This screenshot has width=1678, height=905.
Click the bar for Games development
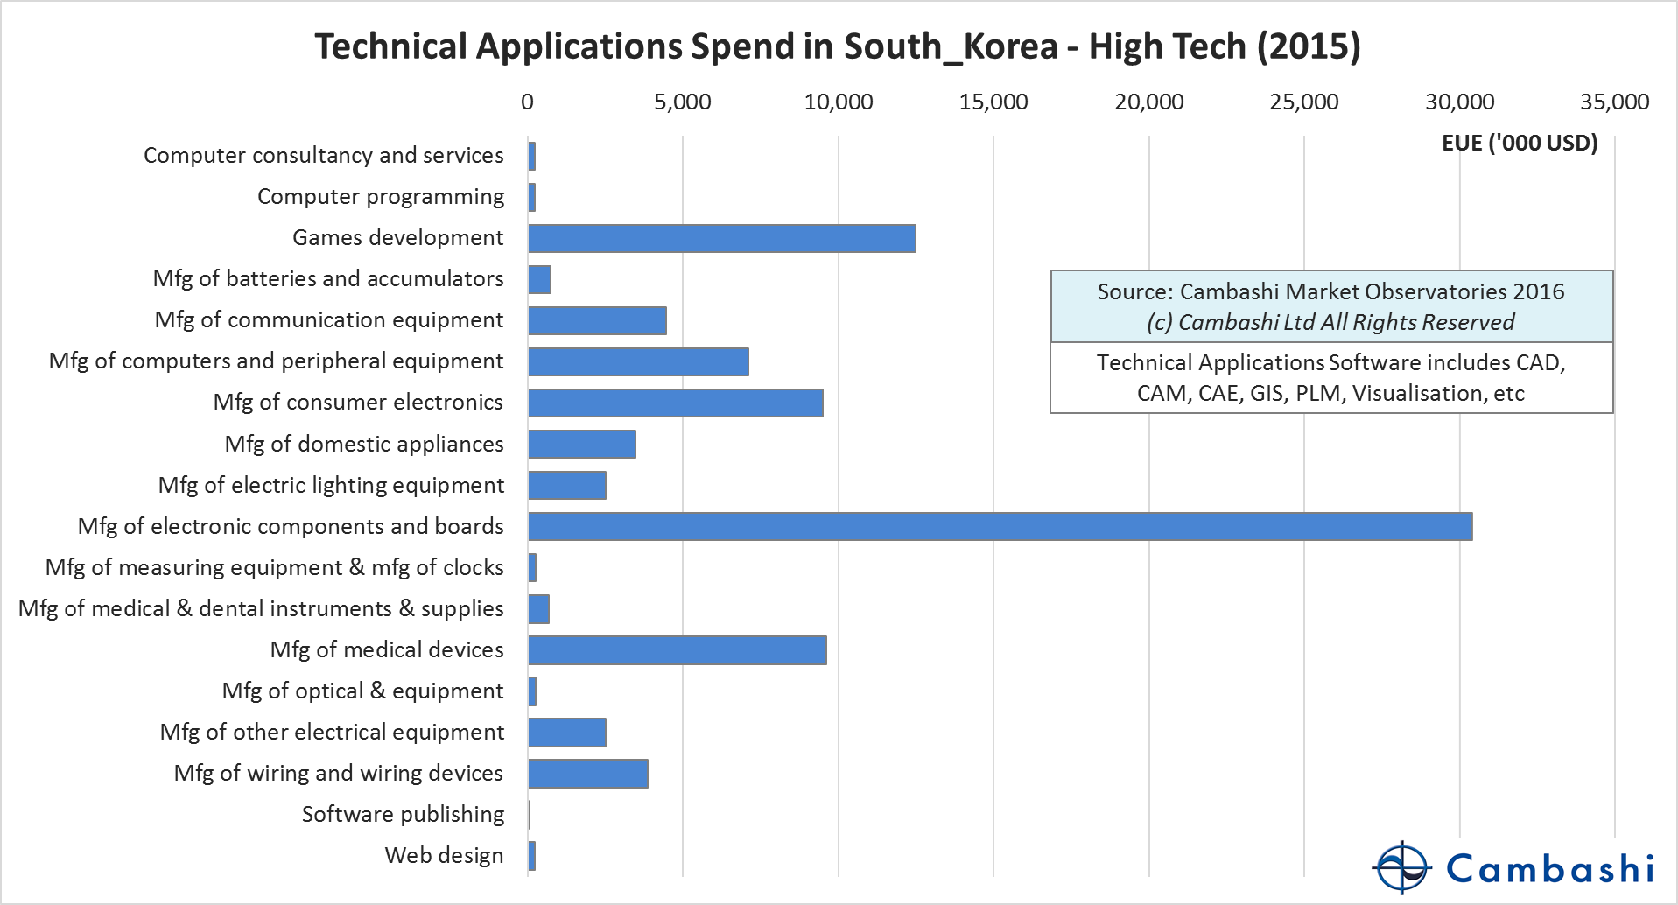tap(721, 238)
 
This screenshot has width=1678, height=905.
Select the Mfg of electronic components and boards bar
tap(1000, 527)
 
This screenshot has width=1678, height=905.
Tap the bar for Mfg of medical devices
tap(677, 650)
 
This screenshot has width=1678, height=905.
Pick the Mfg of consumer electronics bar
tap(675, 403)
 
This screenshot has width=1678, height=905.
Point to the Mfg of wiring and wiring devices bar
tap(587, 774)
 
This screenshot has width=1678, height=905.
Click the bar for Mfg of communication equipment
tap(597, 320)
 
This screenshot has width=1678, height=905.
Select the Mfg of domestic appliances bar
tap(581, 444)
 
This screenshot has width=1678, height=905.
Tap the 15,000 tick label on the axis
tap(993, 102)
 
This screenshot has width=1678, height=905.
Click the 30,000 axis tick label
tap(1459, 102)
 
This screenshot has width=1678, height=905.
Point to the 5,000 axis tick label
tap(683, 102)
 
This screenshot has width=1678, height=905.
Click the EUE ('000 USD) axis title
tap(1520, 143)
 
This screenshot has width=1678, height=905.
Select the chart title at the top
tap(838, 46)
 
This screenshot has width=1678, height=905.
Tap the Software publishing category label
tap(403, 815)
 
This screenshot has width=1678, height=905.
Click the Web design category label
tap(444, 856)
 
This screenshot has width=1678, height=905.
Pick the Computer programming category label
tap(381, 197)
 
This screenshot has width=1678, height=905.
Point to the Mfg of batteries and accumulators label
tap(328, 279)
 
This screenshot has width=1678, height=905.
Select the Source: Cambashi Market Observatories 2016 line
tap(1330, 291)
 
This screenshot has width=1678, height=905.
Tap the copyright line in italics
tap(1330, 322)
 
